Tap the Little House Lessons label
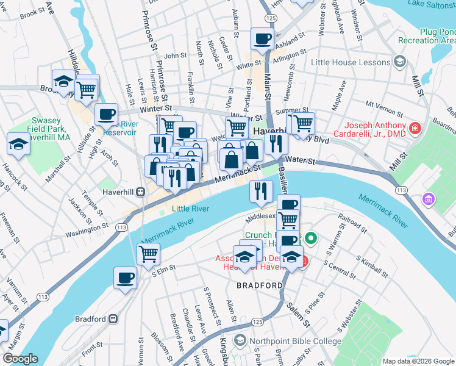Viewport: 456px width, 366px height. [350, 62]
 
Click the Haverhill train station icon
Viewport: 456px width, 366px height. [141, 192]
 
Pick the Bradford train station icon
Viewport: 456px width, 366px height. [113, 318]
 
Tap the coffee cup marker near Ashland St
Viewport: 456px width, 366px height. [263, 38]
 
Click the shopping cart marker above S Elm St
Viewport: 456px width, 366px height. [148, 253]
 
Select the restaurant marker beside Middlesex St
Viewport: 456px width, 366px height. [261, 191]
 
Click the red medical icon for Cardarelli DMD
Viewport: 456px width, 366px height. [415, 128]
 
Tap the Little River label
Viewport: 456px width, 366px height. [190, 209]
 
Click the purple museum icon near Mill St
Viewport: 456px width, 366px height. [429, 199]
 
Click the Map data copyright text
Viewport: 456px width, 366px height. [418, 361]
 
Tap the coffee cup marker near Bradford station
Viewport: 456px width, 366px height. [125, 278]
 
